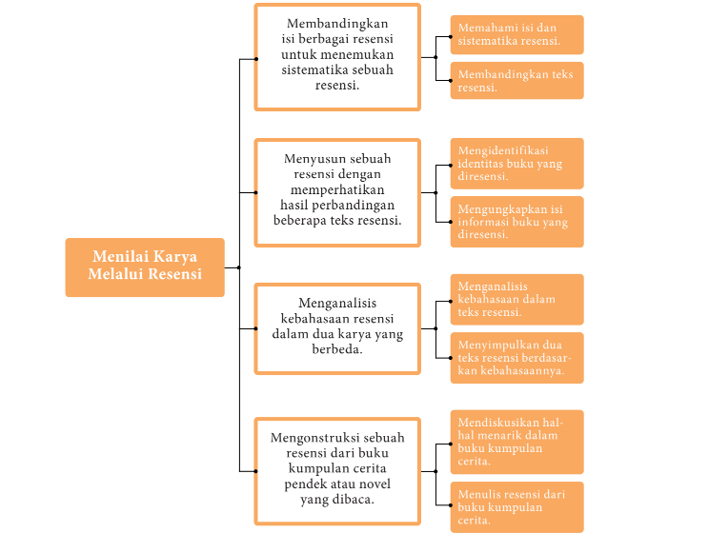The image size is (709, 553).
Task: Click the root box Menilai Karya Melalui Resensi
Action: pos(145,267)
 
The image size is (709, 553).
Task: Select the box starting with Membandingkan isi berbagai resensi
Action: pos(336,57)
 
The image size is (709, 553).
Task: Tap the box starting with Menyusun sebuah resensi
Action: pos(336,191)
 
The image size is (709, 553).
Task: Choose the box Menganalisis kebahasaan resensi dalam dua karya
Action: pos(336,327)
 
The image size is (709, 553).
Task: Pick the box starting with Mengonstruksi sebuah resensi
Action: pos(336,470)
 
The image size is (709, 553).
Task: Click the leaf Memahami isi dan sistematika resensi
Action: pos(517,34)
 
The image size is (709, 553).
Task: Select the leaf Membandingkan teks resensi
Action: pos(517,80)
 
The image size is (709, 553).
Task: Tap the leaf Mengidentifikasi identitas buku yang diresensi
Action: pos(517,163)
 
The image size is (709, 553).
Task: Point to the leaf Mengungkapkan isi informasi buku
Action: pos(517,221)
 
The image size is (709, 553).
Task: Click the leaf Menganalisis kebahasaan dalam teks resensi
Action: pos(517,299)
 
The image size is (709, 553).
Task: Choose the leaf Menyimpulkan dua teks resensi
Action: pos(517,357)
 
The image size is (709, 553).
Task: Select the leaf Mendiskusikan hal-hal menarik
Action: pos(517,442)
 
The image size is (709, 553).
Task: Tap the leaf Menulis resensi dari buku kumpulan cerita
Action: pos(517,506)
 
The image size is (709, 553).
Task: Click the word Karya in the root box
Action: pos(174,257)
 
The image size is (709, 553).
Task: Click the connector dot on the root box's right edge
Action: pos(238,267)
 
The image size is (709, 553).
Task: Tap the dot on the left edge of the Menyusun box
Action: pos(255,192)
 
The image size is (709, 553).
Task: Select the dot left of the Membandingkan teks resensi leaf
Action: pos(451,80)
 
